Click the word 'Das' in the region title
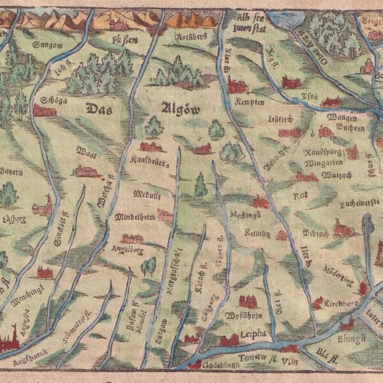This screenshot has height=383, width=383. [x=98, y=108]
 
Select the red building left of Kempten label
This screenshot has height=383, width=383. [x=237, y=86]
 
